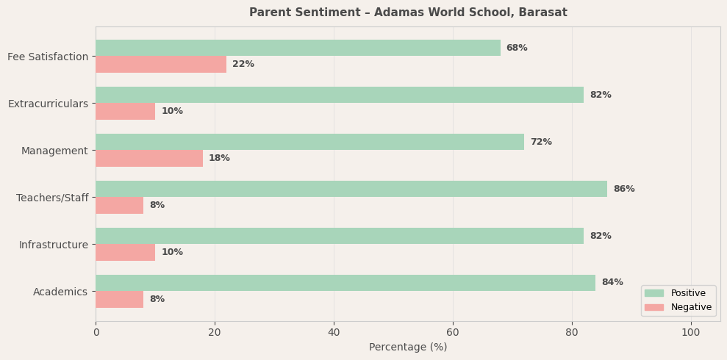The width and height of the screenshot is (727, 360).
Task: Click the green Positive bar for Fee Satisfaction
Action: pyautogui.click(x=298, y=48)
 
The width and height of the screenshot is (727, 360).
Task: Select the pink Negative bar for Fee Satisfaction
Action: pyautogui.click(x=161, y=65)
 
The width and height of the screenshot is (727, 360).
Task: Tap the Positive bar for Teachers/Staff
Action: pyautogui.click(x=351, y=189)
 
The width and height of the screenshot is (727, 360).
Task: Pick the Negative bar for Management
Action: pyautogui.click(x=149, y=159)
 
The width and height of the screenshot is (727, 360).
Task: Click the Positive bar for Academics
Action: pyautogui.click(x=345, y=283)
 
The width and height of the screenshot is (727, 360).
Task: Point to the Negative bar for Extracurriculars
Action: pyautogui.click(x=125, y=112)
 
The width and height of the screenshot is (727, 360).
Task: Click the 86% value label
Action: pyautogui.click(x=623, y=189)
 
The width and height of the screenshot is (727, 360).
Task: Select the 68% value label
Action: pyautogui.click(x=517, y=48)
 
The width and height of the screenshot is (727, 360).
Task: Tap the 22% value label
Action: pyautogui.click(x=243, y=65)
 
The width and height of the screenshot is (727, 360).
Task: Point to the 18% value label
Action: pyautogui.click(x=219, y=159)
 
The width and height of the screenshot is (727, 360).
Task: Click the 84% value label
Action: pyautogui.click(x=612, y=283)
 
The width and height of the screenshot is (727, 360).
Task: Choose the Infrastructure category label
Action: pyautogui.click(x=53, y=245)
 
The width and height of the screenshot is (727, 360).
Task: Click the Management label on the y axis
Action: pyautogui.click(x=54, y=151)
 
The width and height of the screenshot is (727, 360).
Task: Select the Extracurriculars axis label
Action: pyautogui.click(x=48, y=104)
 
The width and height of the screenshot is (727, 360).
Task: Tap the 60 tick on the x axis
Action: pyautogui.click(x=453, y=333)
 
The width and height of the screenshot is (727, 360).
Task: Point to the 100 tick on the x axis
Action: pyautogui.click(x=691, y=333)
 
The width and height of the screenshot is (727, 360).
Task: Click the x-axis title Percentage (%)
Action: pyautogui.click(x=408, y=348)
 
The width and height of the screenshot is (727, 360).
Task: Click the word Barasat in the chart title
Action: pyautogui.click(x=542, y=12)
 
